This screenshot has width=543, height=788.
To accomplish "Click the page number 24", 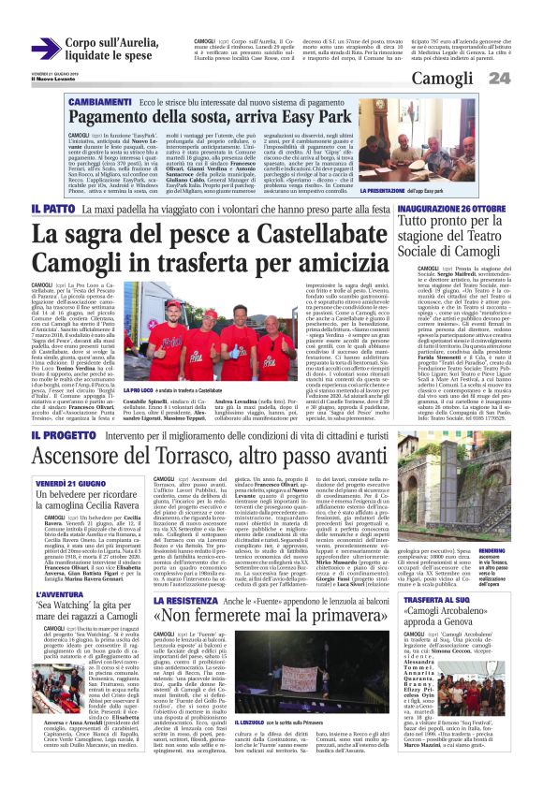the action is pos(525,78).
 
